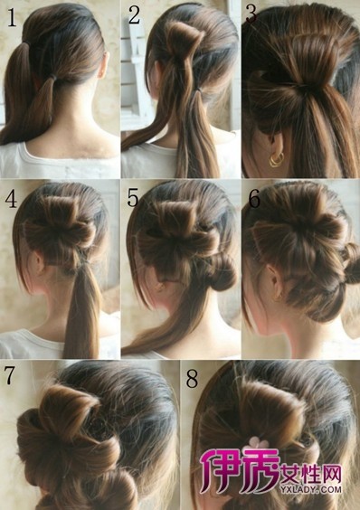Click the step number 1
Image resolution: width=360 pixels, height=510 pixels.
(12, 17)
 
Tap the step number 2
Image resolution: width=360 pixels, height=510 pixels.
(134, 14)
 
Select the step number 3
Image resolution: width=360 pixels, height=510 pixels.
(251, 14)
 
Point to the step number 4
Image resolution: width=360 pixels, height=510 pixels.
(11, 199)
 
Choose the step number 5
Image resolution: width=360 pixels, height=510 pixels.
(133, 197)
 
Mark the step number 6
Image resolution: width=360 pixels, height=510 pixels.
(254, 199)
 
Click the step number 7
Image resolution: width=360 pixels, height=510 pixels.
(9, 374)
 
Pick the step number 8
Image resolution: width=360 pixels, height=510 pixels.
(192, 379)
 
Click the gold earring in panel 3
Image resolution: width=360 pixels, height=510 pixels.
(276, 159)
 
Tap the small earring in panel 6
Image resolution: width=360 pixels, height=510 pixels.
(278, 297)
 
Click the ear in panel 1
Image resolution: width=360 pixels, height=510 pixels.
(103, 66)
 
